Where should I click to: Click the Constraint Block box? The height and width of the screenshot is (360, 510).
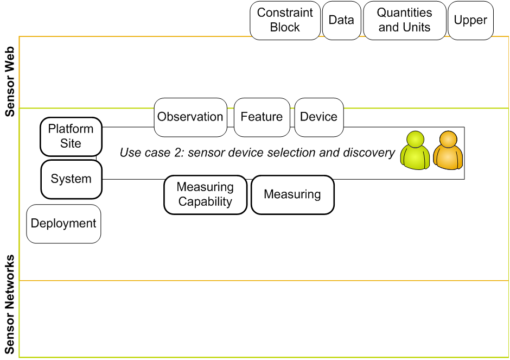click(x=285, y=21)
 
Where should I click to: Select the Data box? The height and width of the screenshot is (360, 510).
click(x=341, y=21)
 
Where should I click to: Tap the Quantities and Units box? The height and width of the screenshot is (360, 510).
click(x=404, y=21)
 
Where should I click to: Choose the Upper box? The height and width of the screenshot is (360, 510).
click(x=470, y=21)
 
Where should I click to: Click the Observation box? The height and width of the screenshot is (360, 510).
click(x=190, y=117)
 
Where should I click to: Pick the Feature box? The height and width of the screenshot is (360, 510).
click(x=262, y=117)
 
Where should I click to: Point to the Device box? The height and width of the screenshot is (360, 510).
click(x=319, y=117)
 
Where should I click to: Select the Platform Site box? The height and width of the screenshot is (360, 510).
click(x=71, y=136)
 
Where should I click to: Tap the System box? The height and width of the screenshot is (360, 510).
click(x=71, y=179)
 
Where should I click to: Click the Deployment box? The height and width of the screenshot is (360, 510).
click(x=63, y=224)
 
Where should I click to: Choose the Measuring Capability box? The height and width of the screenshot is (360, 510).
click(x=205, y=195)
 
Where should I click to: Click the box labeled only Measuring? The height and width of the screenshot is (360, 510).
click(x=292, y=195)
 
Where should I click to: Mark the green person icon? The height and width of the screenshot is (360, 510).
click(x=415, y=151)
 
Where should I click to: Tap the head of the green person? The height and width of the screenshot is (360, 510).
click(x=416, y=139)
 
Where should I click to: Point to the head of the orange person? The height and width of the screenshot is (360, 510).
click(x=448, y=139)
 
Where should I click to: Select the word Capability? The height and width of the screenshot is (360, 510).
click(x=205, y=202)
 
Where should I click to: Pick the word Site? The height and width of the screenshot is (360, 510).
click(x=71, y=144)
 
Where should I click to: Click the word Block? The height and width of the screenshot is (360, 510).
click(x=285, y=28)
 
